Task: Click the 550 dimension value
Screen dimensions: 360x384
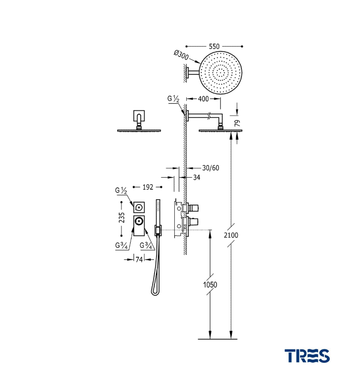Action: click(x=214, y=46)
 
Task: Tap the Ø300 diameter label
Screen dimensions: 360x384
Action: click(x=181, y=55)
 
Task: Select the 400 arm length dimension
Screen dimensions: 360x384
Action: click(x=203, y=99)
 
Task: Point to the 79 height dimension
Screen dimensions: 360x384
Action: click(x=237, y=123)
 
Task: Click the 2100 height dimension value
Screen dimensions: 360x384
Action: click(x=231, y=235)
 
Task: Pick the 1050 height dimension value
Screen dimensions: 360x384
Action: click(x=210, y=285)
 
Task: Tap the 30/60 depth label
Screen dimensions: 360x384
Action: click(x=211, y=168)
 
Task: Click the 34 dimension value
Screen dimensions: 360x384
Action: click(x=197, y=177)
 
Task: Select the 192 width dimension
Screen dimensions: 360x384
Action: click(x=148, y=187)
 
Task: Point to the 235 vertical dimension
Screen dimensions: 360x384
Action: click(x=122, y=217)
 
